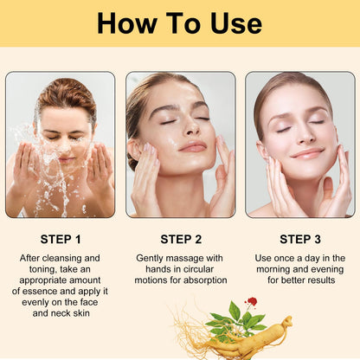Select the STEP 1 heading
(60, 239)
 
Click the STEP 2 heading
(181, 239)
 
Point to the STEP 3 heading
(300, 239)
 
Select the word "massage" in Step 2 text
(193, 258)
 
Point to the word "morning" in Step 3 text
(284, 269)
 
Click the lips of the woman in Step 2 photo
(192, 146)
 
